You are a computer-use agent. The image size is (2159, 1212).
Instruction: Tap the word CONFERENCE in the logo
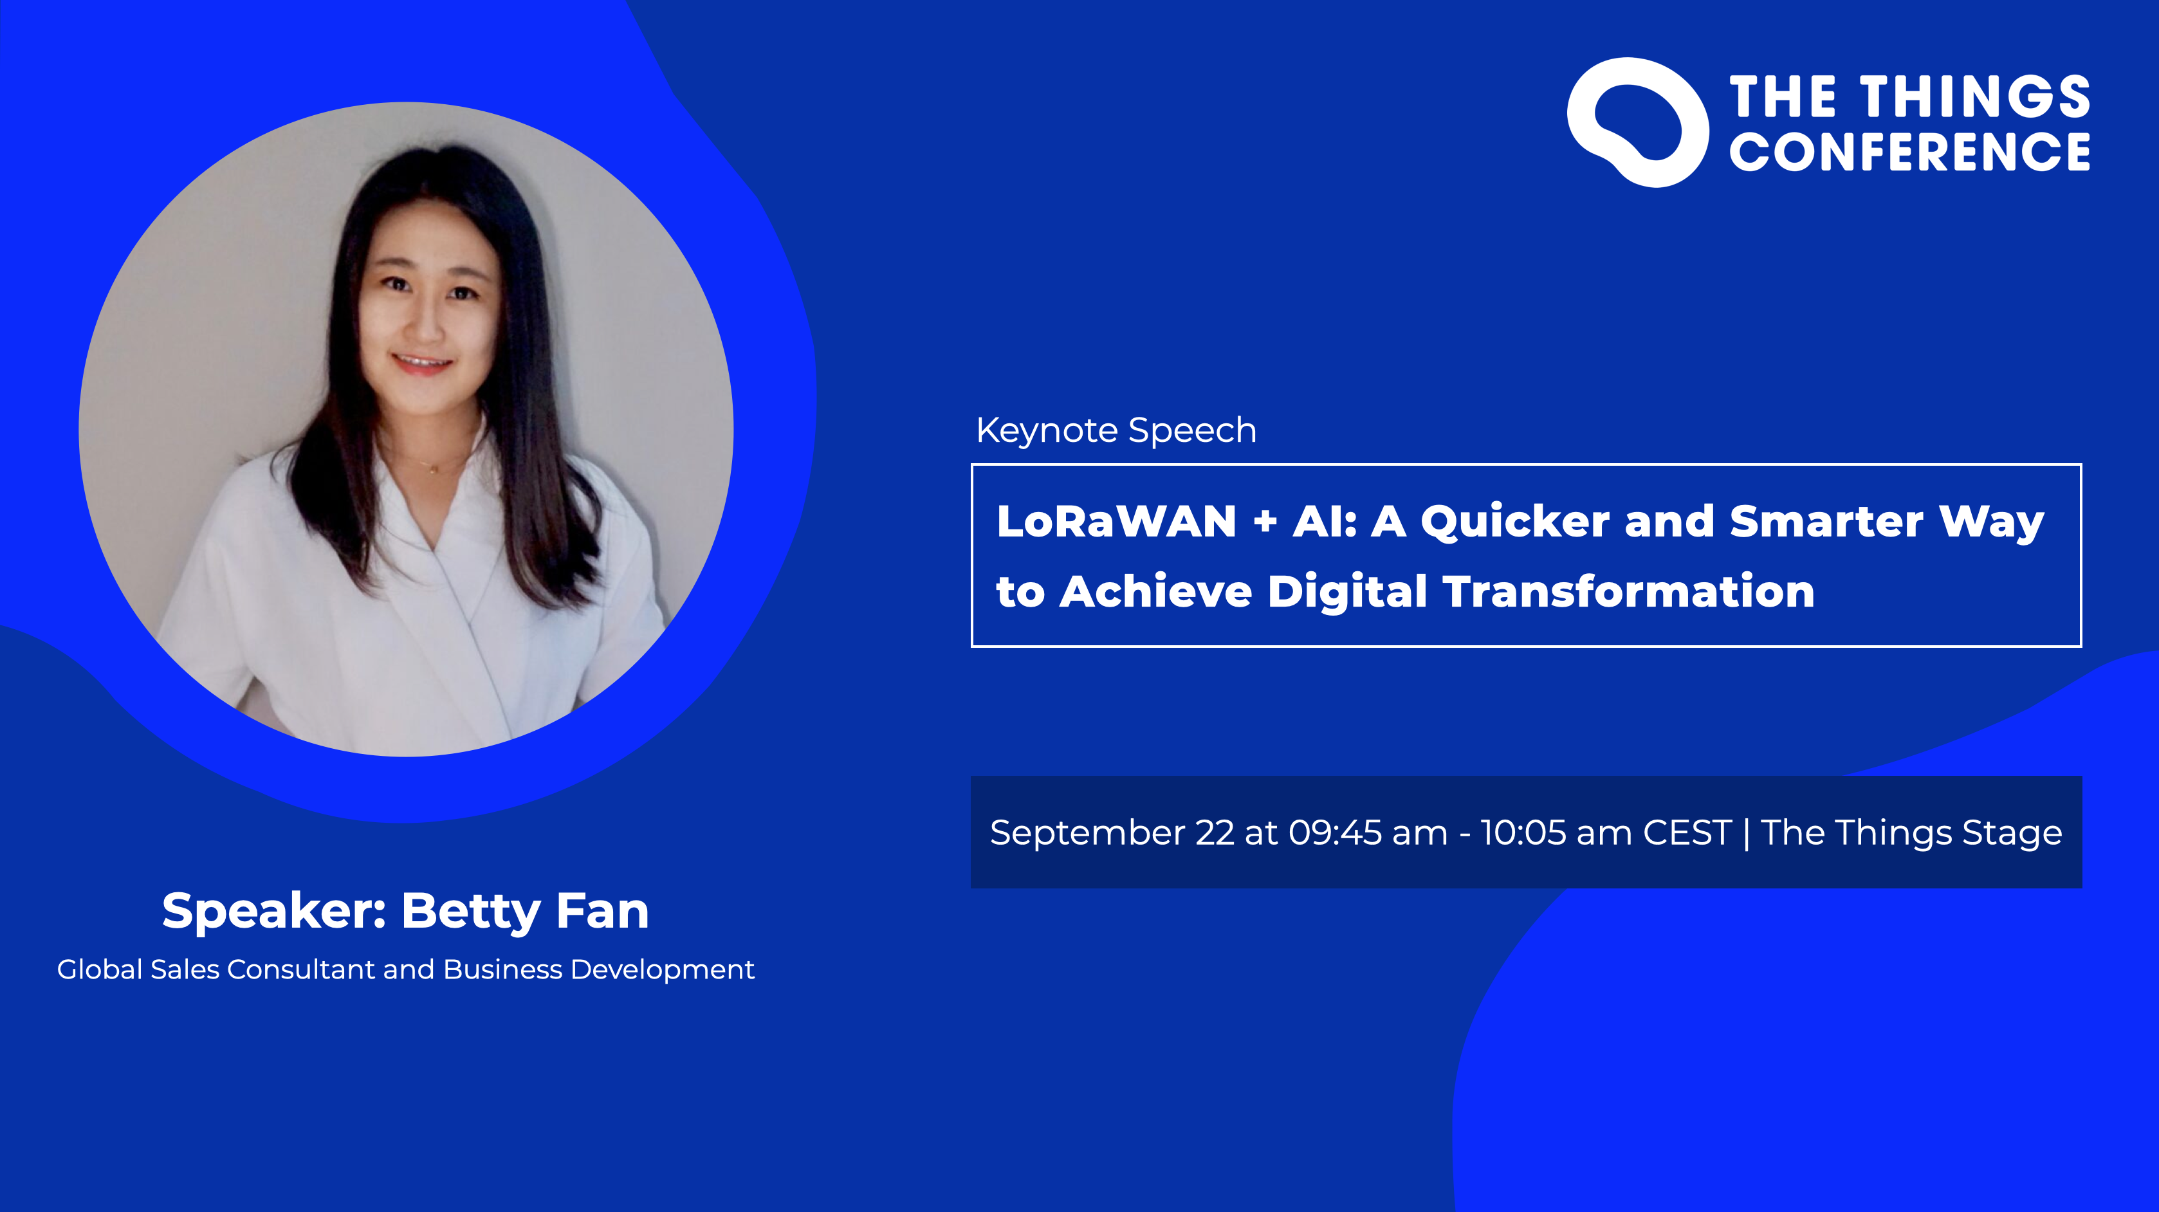point(1909,152)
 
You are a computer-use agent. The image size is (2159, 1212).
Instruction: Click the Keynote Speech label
point(1116,431)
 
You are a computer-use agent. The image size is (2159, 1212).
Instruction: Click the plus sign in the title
point(1265,523)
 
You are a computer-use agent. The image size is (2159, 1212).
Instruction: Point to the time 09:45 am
point(1368,833)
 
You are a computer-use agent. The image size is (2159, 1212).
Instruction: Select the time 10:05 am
point(1555,833)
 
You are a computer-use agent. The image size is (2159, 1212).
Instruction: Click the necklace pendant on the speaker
point(434,471)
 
